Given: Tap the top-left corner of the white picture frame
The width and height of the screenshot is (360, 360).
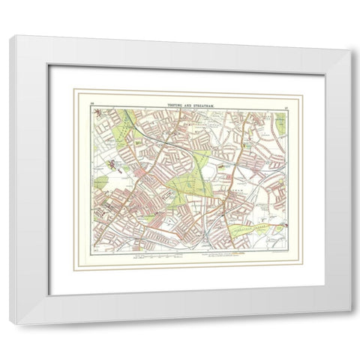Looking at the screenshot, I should [10, 37].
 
